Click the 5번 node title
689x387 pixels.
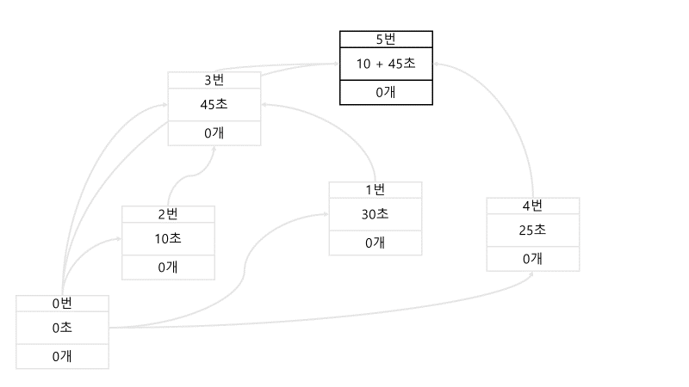click(x=386, y=39)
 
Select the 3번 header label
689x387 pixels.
click(x=214, y=80)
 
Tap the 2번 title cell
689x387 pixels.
click(x=168, y=214)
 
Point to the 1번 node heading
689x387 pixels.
click(x=376, y=189)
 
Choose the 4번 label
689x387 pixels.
click(x=532, y=206)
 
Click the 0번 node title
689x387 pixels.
click(x=62, y=303)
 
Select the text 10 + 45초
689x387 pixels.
click(x=386, y=63)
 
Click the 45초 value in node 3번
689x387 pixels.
click(x=214, y=105)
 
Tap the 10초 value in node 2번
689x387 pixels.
click(x=168, y=238)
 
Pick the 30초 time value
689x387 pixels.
click(x=376, y=214)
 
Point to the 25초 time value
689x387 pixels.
click(x=532, y=230)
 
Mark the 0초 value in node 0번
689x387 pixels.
click(x=62, y=328)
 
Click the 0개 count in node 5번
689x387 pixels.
click(x=386, y=92)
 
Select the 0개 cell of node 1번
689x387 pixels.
click(x=376, y=243)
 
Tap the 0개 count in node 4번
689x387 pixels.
click(x=532, y=258)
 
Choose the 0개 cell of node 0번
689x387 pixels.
click(x=62, y=356)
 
